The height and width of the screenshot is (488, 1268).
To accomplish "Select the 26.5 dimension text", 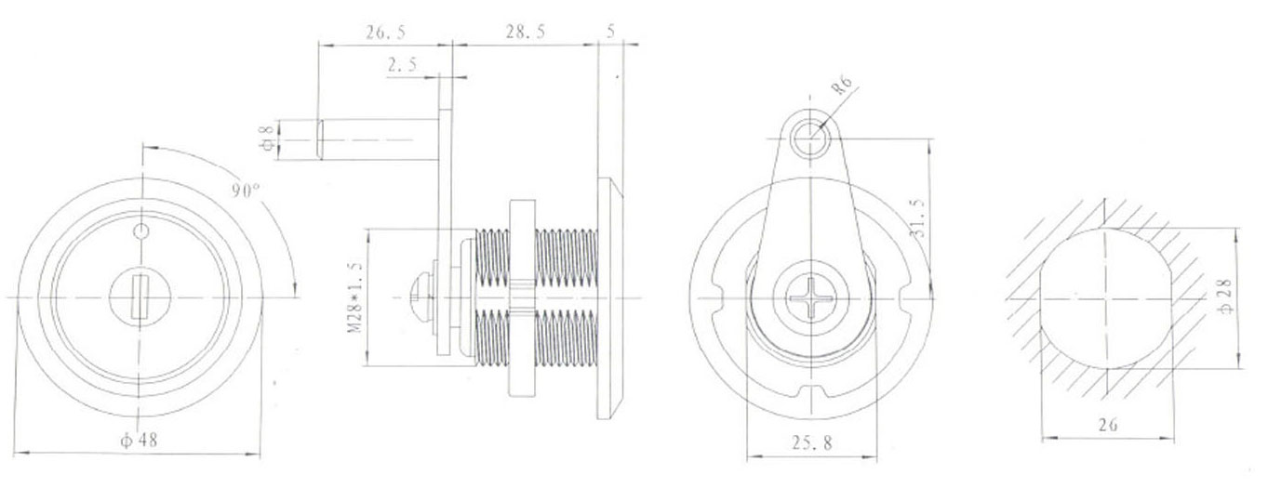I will tap(385, 33).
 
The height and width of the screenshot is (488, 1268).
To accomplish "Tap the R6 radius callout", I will tap(842, 88).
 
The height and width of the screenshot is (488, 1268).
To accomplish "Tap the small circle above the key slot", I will tap(141, 231).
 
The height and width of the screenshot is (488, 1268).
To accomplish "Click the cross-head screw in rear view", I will tap(812, 299).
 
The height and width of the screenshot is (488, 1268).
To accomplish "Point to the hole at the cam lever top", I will tap(813, 136).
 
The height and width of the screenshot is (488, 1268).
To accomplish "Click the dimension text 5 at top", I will tap(610, 32).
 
